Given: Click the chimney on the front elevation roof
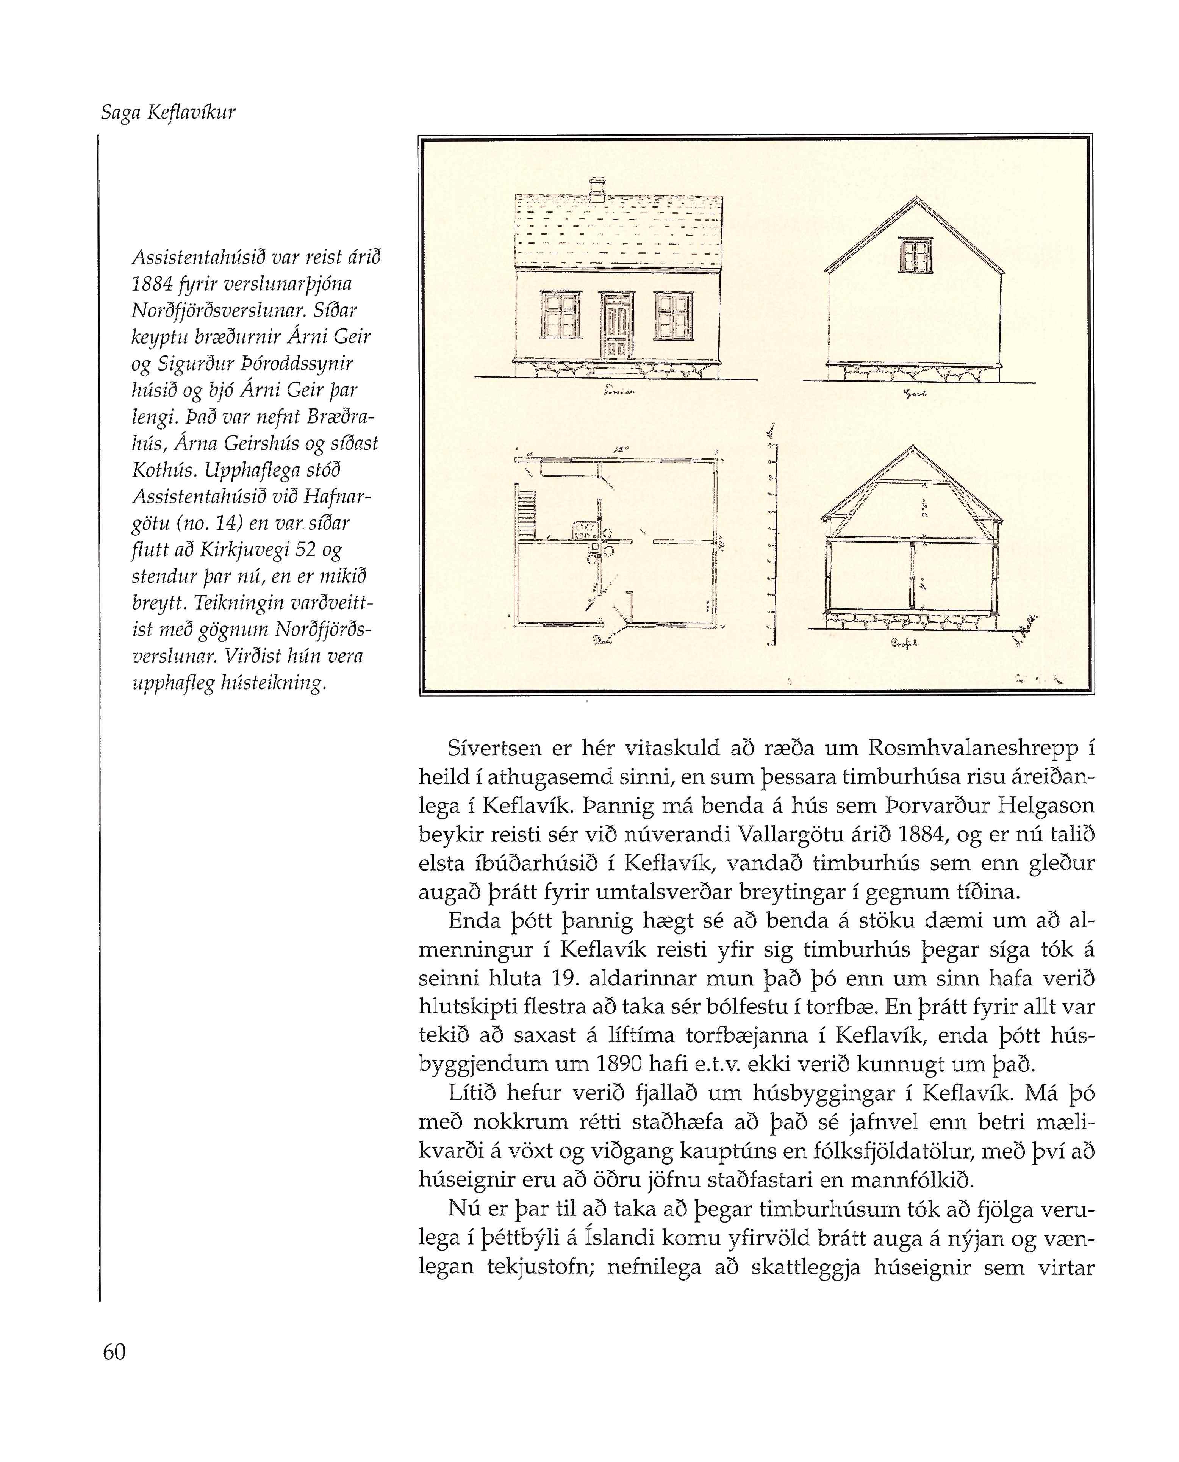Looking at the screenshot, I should tap(597, 189).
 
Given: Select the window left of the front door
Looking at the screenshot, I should tap(560, 316).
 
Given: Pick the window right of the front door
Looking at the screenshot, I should tap(673, 316).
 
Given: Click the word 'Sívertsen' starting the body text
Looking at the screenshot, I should tap(494, 748).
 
